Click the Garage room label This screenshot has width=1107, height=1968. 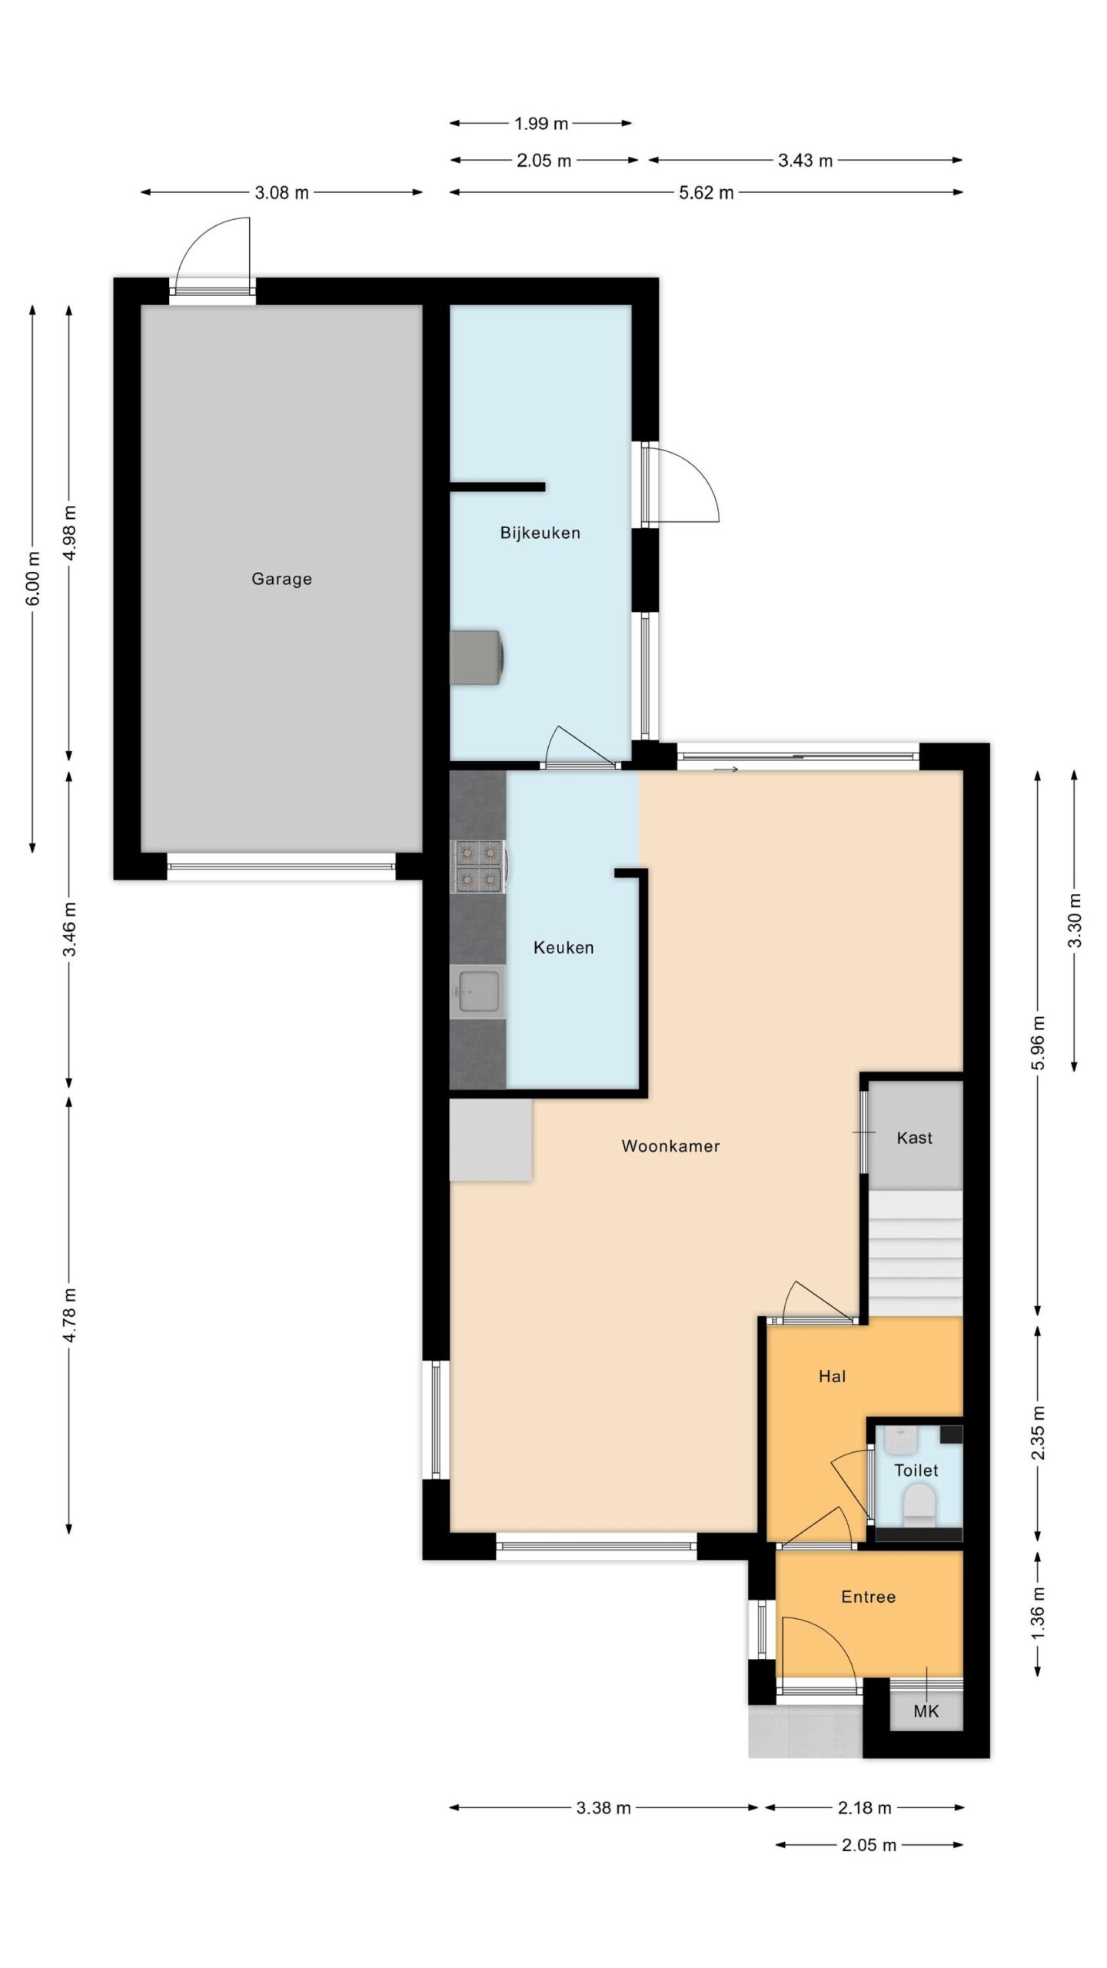[x=281, y=579]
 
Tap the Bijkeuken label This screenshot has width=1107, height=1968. [x=540, y=533]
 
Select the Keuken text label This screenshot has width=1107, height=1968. [x=563, y=948]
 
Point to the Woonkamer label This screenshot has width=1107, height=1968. [x=670, y=1146]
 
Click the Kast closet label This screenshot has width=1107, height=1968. [x=914, y=1138]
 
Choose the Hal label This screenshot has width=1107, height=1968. [x=832, y=1376]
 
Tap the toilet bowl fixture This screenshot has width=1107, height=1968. [x=918, y=1504]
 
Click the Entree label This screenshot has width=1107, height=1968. [x=868, y=1597]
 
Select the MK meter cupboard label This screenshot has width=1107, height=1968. [x=926, y=1712]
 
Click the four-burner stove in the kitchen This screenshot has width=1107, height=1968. [x=477, y=866]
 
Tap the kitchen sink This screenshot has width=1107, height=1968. [x=477, y=992]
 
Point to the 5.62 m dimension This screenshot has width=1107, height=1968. [x=706, y=192]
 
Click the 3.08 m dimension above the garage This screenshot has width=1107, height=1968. [x=281, y=192]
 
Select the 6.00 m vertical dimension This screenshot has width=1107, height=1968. [x=32, y=579]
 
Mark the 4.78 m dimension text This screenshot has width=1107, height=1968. [x=69, y=1315]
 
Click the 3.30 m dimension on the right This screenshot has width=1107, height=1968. [x=1074, y=920]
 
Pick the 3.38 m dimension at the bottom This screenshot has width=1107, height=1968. [x=603, y=1808]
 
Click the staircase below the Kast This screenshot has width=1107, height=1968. [x=916, y=1253]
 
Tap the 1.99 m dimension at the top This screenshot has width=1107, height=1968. [x=540, y=123]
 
